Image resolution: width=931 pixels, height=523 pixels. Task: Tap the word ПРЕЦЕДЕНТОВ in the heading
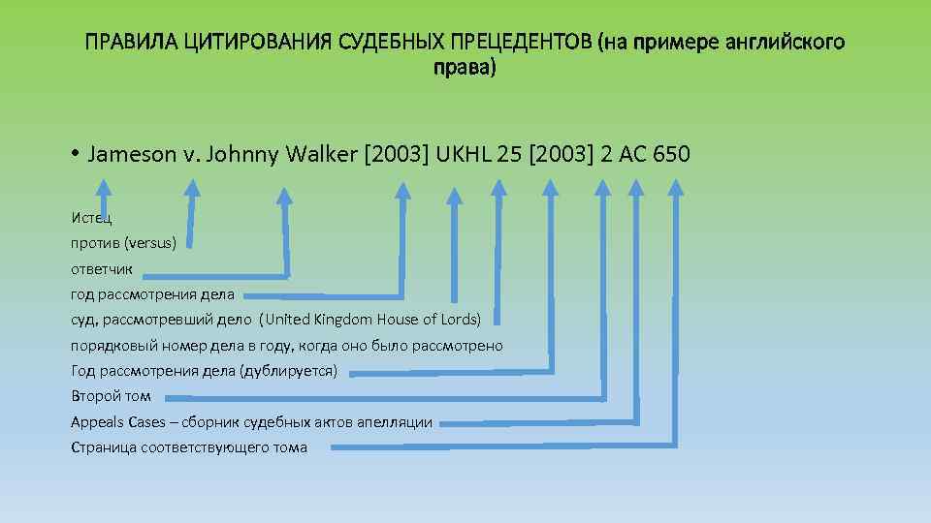(x=523, y=43)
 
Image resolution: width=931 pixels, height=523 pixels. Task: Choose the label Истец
(x=91, y=218)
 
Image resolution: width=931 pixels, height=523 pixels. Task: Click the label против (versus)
(x=123, y=243)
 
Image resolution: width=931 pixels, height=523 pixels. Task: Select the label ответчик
(x=102, y=268)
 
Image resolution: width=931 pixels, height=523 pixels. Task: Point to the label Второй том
(x=111, y=396)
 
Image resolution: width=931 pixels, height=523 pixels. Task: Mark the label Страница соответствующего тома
(x=189, y=447)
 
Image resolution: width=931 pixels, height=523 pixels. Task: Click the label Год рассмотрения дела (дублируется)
(x=205, y=371)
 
